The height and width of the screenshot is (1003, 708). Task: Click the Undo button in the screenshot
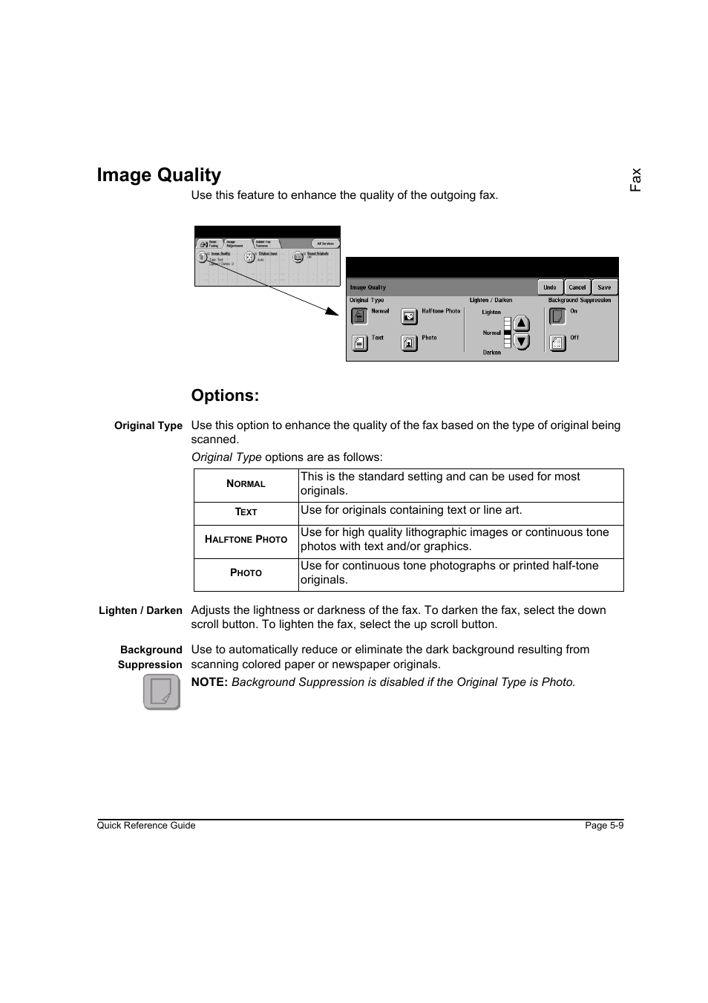pos(549,287)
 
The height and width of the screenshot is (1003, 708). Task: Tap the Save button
pos(604,287)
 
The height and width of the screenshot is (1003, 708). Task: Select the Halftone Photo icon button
pos(409,317)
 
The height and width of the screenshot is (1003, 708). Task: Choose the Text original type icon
pos(359,343)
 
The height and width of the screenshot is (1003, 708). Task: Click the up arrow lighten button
pos(522,324)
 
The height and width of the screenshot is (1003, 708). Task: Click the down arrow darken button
pos(522,342)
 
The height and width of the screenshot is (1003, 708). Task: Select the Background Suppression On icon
pos(557,316)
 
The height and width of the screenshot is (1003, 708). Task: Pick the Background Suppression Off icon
pos(557,342)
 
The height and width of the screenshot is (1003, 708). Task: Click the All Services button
pos(325,244)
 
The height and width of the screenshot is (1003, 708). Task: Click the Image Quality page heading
pos(159,175)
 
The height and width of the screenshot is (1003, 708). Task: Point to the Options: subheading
pos(225,396)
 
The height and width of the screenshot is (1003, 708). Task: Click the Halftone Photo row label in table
pos(246,540)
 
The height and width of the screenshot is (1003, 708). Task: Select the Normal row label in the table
pos(246,484)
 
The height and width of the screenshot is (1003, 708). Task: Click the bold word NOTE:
pos(209,682)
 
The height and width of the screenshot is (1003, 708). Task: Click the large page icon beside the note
pos(162,692)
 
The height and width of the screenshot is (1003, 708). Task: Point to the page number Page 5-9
pos(604,826)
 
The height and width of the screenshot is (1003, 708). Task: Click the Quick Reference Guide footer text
pos(146,826)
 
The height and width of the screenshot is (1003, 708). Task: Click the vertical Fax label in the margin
pos(635,180)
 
